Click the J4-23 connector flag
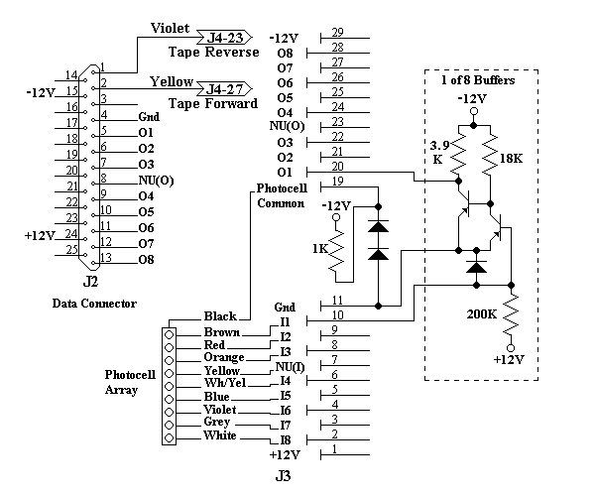(x=224, y=37)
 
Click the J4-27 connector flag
(x=224, y=89)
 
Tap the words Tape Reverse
(x=213, y=52)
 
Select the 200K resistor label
(x=482, y=313)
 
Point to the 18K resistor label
(x=511, y=159)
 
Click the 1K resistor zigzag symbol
(x=336, y=250)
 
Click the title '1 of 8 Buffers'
(x=478, y=80)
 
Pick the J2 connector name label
(x=90, y=282)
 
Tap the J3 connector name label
(x=283, y=475)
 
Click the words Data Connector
(x=94, y=304)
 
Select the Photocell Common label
(x=282, y=195)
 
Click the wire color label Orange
(x=224, y=357)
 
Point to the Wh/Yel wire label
(x=225, y=383)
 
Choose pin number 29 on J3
(x=337, y=33)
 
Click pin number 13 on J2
(x=106, y=257)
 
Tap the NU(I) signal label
(x=290, y=367)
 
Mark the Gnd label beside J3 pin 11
(x=285, y=307)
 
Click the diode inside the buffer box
(x=476, y=267)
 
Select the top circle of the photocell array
(x=169, y=334)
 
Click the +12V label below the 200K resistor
(x=509, y=359)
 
